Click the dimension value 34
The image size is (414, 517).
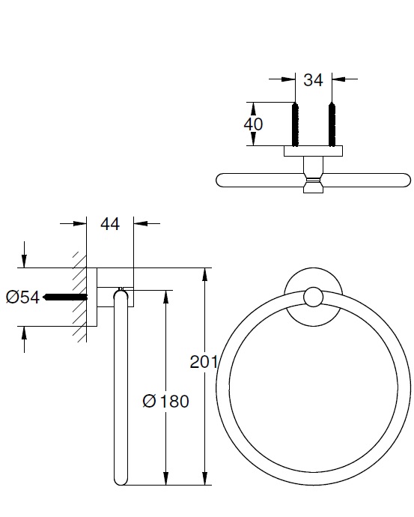[x=313, y=80]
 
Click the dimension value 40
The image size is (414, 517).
[x=253, y=124]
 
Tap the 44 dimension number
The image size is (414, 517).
[x=110, y=224]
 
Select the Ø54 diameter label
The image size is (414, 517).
[x=22, y=297]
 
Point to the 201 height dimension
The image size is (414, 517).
[x=203, y=363]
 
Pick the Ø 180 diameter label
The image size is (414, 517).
[x=165, y=402]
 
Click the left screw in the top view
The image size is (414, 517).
[x=295, y=124]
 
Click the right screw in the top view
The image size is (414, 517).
[x=332, y=124]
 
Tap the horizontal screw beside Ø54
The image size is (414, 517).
[x=65, y=297]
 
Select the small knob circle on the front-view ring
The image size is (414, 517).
[x=313, y=297]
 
